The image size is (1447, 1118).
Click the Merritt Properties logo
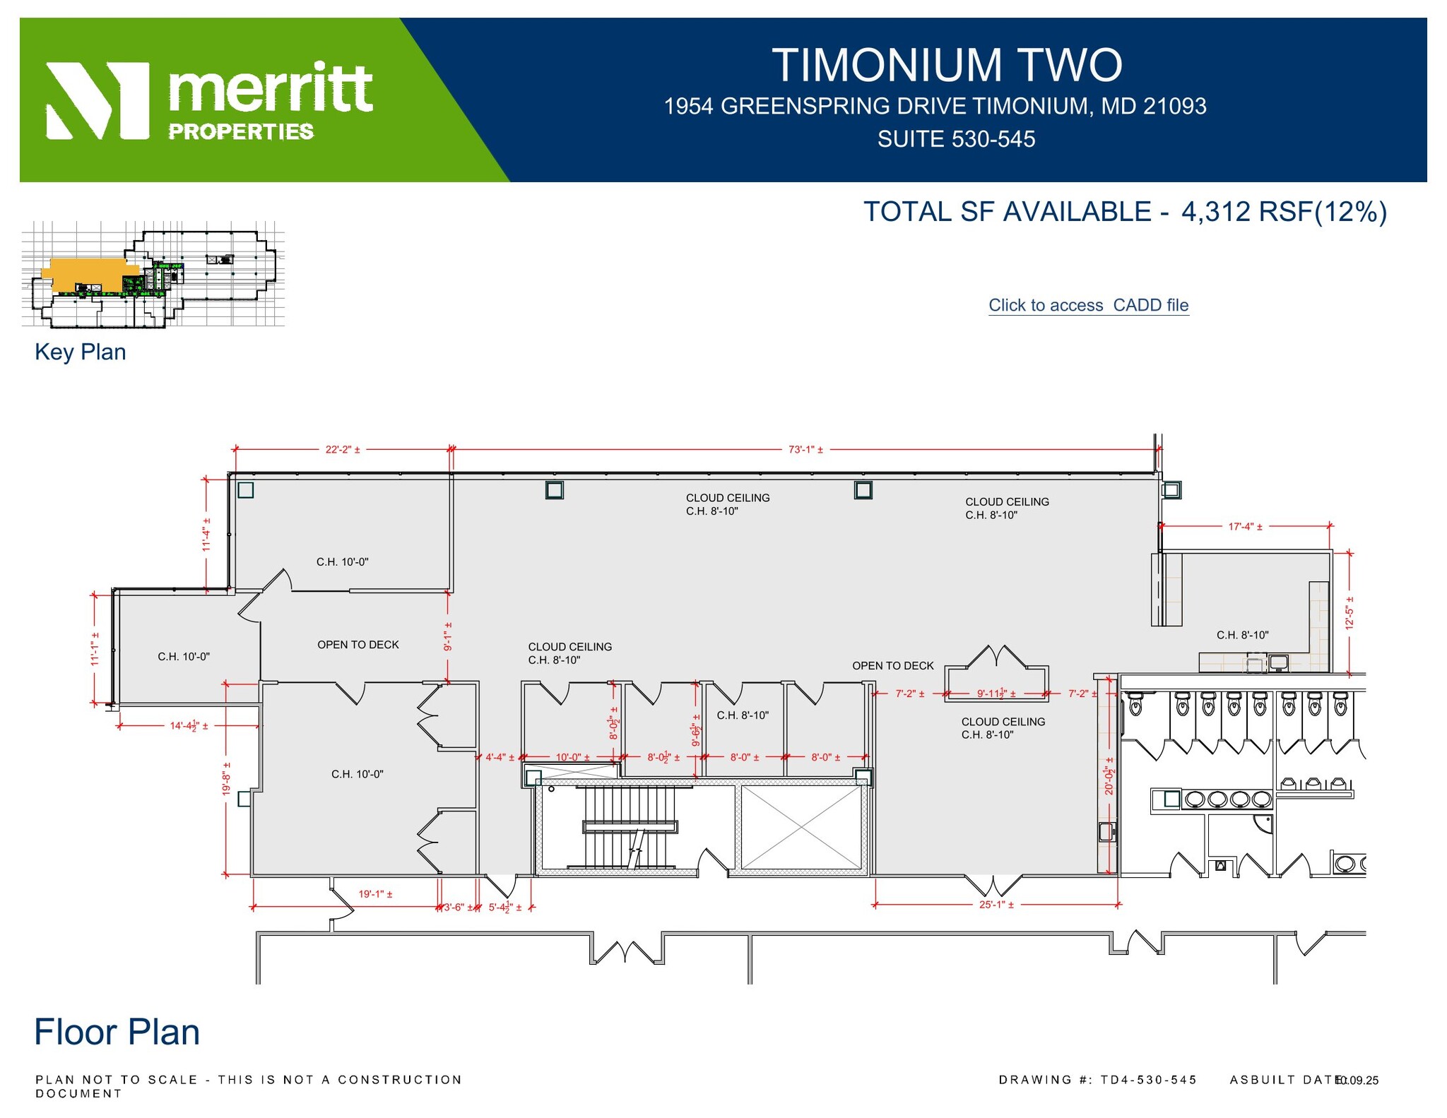(209, 100)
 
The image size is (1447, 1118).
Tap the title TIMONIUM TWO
(946, 65)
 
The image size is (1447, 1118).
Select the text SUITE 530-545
(956, 139)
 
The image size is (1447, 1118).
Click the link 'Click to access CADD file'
(1088, 305)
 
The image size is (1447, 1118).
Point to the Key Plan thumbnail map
(153, 274)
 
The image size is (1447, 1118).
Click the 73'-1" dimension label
(805, 449)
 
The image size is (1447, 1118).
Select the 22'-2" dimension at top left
(343, 449)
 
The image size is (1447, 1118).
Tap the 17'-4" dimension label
(1245, 526)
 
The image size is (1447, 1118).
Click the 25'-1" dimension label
(996, 905)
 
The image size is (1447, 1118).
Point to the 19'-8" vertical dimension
(227, 778)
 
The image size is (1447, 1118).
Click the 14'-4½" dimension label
(189, 725)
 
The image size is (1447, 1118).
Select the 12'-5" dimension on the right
(1349, 613)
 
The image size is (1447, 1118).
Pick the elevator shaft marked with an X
(801, 826)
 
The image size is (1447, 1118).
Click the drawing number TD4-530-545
(1148, 1080)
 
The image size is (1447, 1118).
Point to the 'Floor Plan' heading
(117, 1032)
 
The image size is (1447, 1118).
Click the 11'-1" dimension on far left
(95, 648)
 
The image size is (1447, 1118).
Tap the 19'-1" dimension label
(375, 894)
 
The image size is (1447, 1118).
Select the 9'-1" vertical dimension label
(448, 636)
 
